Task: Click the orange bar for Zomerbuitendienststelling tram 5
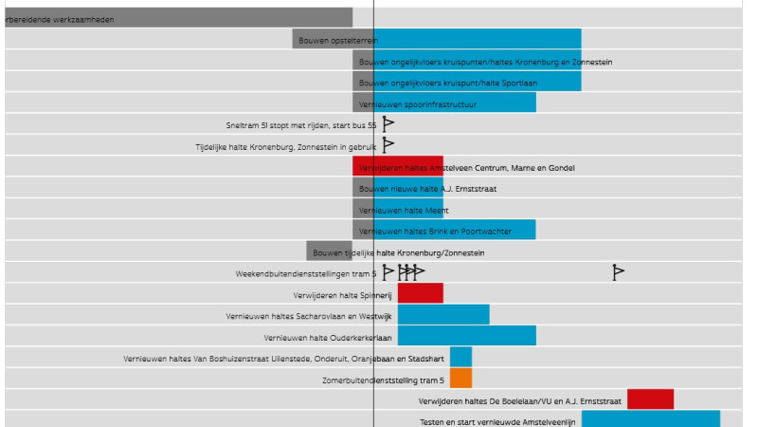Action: [460, 378]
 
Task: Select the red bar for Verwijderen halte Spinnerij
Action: [420, 293]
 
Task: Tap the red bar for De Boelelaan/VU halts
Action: [650, 399]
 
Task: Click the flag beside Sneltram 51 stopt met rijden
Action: [388, 124]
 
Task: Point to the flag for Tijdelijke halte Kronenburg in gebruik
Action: [388, 145]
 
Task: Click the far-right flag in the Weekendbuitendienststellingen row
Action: [618, 272]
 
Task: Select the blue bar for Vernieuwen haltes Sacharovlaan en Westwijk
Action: [443, 314]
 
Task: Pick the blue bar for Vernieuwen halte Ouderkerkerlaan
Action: [466, 335]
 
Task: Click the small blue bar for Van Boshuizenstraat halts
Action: [460, 357]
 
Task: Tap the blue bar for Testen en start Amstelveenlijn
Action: [650, 418]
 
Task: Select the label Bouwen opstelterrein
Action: [337, 41]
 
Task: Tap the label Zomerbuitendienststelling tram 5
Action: [384, 381]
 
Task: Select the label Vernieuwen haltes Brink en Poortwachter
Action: [436, 232]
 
